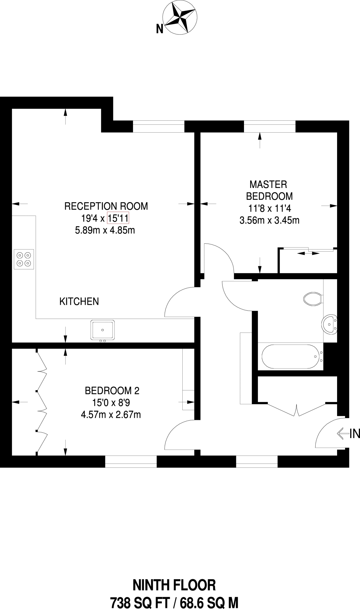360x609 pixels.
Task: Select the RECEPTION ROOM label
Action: pyautogui.click(x=106, y=206)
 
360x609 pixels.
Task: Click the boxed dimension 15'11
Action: pyautogui.click(x=118, y=219)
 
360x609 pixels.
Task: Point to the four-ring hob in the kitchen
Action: pyautogui.click(x=24, y=259)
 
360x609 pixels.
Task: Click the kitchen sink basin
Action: pyautogui.click(x=103, y=330)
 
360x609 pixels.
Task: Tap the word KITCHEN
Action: pyautogui.click(x=79, y=302)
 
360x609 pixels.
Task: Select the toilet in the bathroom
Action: pyautogui.click(x=313, y=299)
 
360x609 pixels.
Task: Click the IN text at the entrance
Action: pyautogui.click(x=355, y=434)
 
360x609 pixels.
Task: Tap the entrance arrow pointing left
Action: pyautogui.click(x=343, y=434)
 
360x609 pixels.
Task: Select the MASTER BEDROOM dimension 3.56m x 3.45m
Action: pyautogui.click(x=269, y=221)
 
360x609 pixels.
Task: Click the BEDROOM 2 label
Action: pyautogui.click(x=112, y=390)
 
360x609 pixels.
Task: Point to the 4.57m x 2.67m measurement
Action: pyautogui.click(x=111, y=415)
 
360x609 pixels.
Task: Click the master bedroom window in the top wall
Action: pyautogui.click(x=270, y=126)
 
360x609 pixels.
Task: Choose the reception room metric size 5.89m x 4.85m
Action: pyautogui.click(x=105, y=230)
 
